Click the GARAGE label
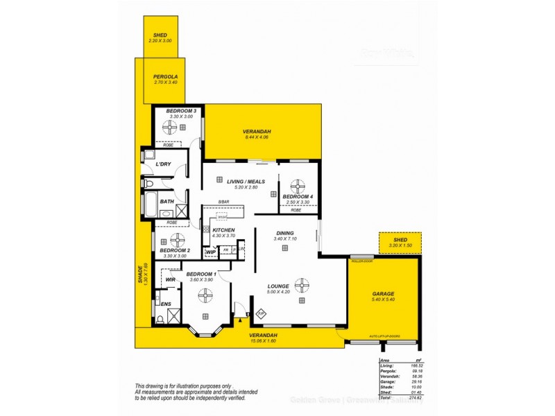coord(383,293)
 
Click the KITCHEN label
coord(223,230)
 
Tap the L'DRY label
coord(163,164)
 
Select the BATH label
coord(166,202)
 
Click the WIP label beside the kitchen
coord(210,252)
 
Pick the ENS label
coord(166,304)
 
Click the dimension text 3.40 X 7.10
coord(285,239)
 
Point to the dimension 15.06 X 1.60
coord(263,340)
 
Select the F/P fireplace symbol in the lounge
coord(261,314)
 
